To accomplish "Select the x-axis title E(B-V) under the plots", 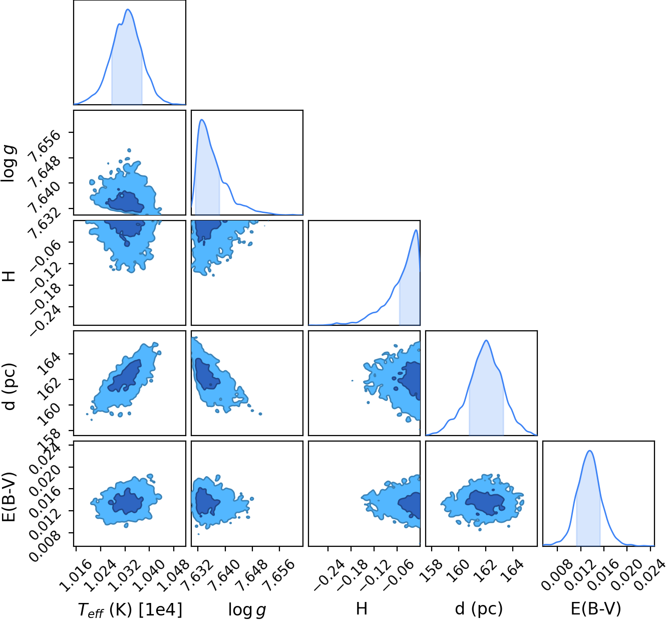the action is tap(595, 608).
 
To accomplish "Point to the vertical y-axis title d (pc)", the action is tap(10, 386).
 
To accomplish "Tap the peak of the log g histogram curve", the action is tap(201, 119).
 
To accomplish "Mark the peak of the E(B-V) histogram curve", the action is tap(589, 450).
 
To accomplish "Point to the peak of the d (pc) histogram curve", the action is tap(486, 340).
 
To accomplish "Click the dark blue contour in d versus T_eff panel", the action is tap(125, 376).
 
